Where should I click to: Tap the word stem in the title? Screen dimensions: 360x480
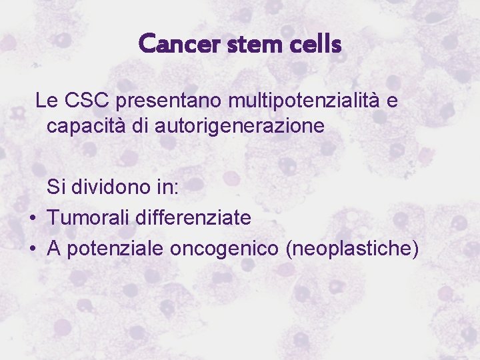(x=250, y=45)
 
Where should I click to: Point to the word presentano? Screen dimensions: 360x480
(x=169, y=101)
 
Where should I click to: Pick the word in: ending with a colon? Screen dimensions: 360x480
(x=166, y=187)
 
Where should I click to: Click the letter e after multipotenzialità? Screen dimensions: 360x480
(x=393, y=101)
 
